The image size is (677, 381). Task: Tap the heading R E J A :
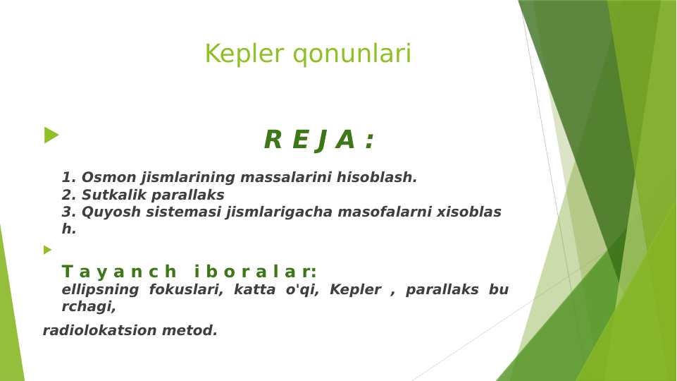(318, 140)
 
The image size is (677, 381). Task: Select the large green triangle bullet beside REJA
(51, 135)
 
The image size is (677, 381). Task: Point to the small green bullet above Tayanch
(47, 250)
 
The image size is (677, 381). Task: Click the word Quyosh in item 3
(108, 212)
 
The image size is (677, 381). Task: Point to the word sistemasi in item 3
(180, 212)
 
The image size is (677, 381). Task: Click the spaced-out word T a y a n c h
(119, 272)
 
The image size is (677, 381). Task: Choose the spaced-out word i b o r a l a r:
(255, 272)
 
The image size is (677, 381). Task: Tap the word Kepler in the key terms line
(355, 290)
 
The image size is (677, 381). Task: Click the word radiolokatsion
(100, 331)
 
